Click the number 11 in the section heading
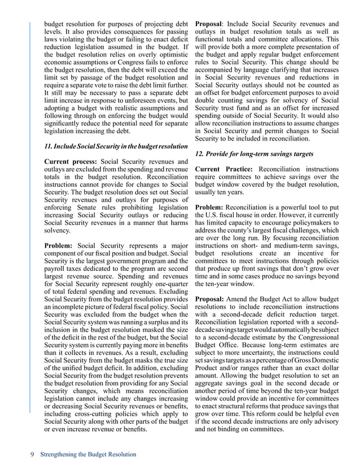coord(48,147)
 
